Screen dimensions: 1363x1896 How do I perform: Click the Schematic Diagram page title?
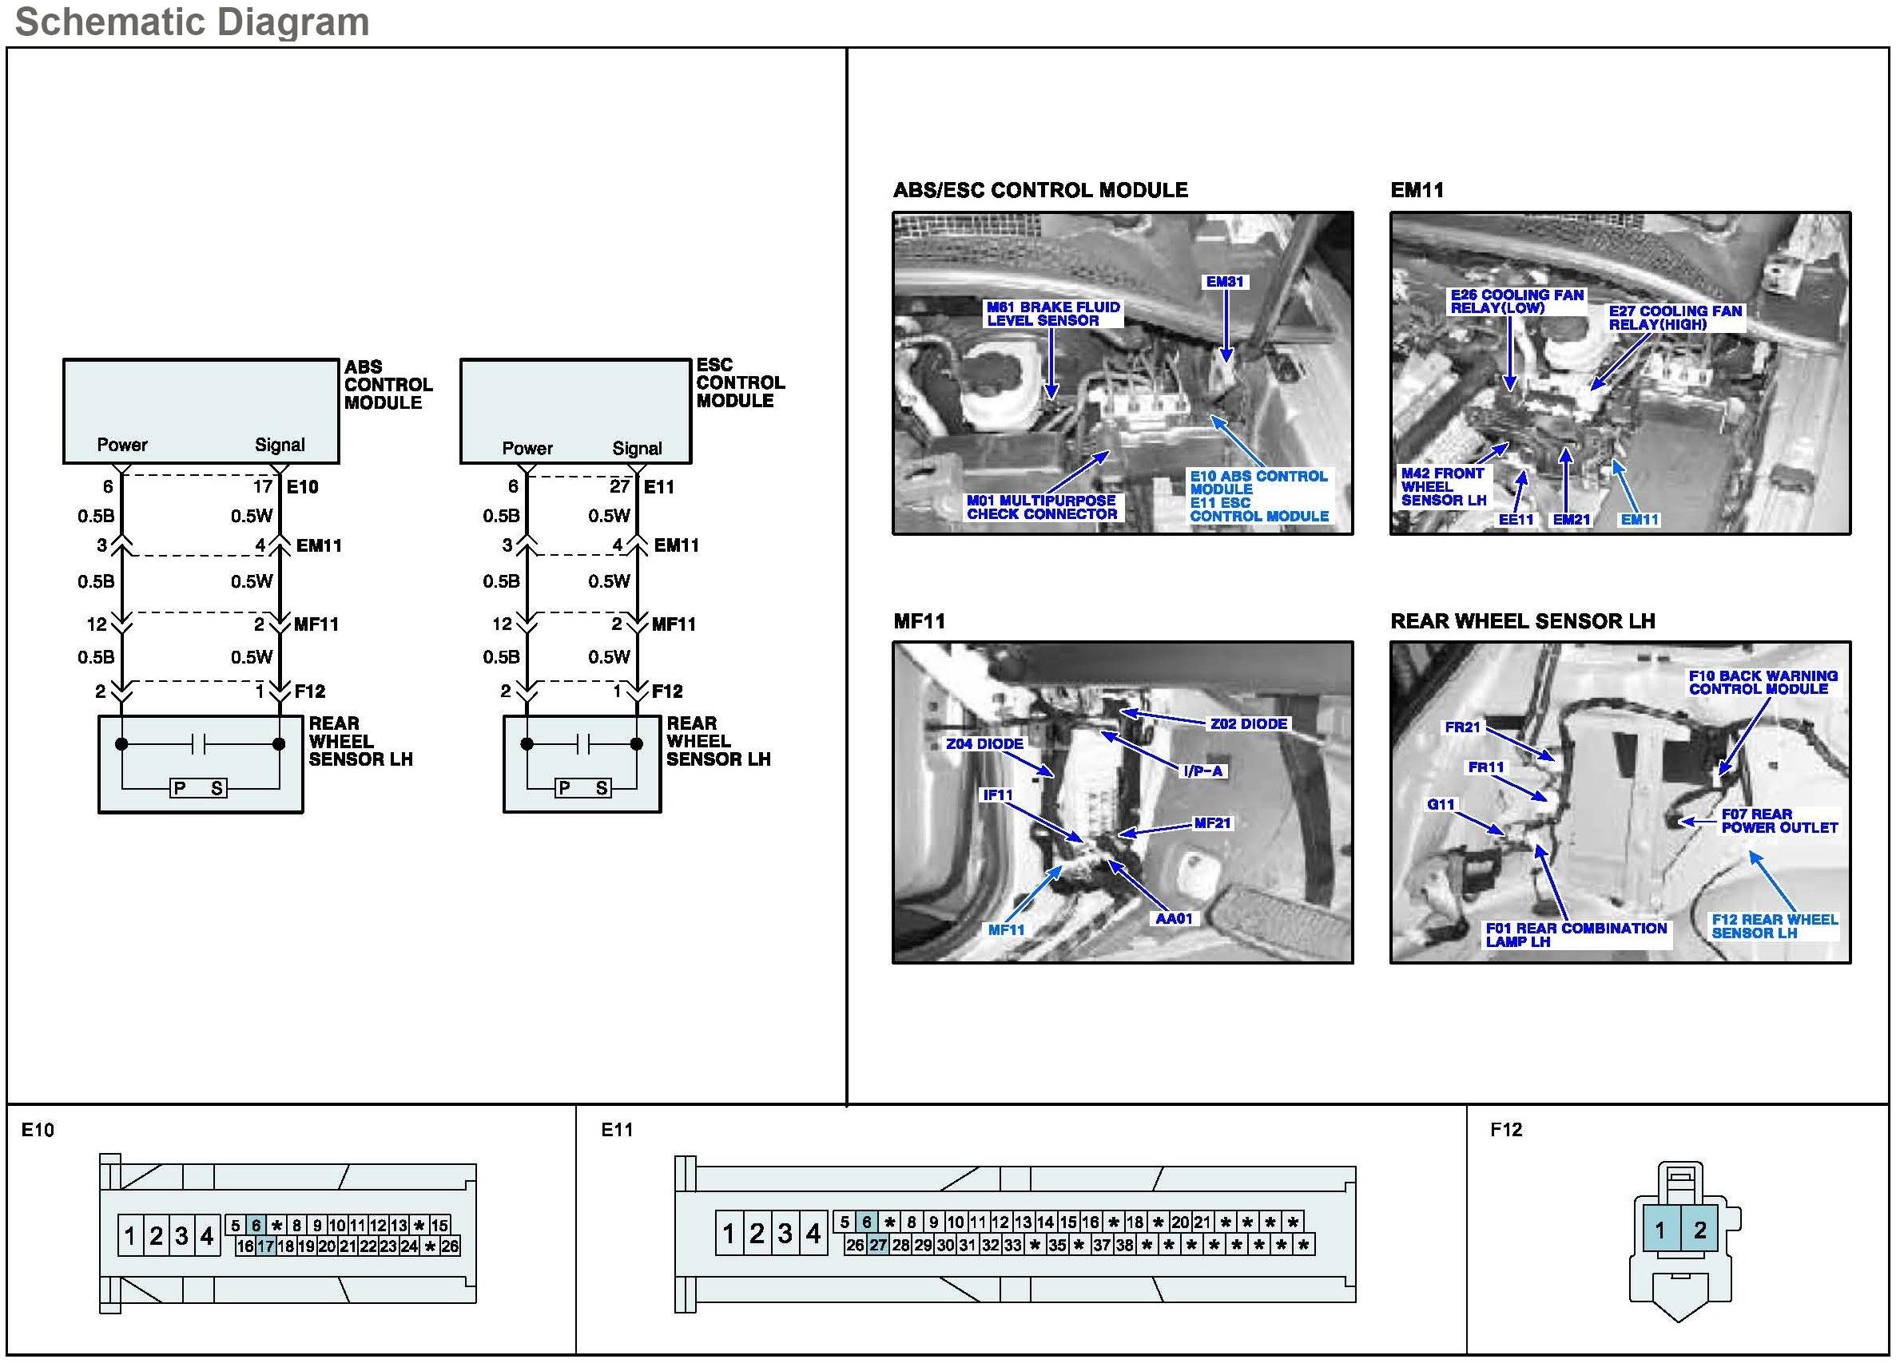point(193,22)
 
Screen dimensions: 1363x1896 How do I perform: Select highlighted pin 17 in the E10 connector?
point(266,1246)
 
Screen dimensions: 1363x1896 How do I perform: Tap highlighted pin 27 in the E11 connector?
point(878,1244)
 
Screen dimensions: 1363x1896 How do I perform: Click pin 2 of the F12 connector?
point(1699,1230)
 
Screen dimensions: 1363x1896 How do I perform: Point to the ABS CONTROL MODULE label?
point(388,384)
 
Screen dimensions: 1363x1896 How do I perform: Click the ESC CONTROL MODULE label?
point(740,382)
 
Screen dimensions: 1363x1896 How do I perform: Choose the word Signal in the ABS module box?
point(280,445)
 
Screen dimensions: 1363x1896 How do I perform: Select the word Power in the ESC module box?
point(527,448)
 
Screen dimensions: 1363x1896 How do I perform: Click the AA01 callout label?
point(1174,918)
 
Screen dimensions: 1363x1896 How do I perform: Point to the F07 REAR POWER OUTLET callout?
point(1779,821)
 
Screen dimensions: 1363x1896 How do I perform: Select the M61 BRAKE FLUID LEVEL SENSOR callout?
point(1052,313)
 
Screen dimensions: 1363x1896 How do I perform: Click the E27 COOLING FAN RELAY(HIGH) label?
point(1675,318)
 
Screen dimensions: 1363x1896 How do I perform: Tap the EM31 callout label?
point(1225,282)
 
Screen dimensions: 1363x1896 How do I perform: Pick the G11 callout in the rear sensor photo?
point(1441,804)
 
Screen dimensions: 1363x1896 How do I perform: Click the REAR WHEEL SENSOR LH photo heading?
point(1522,621)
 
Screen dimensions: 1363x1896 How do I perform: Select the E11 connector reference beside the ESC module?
point(658,486)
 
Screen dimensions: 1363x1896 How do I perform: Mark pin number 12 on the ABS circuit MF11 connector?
point(96,624)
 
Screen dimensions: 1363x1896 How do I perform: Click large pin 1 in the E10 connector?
point(129,1235)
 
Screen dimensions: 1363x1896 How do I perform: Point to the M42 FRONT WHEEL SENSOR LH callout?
point(1444,486)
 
